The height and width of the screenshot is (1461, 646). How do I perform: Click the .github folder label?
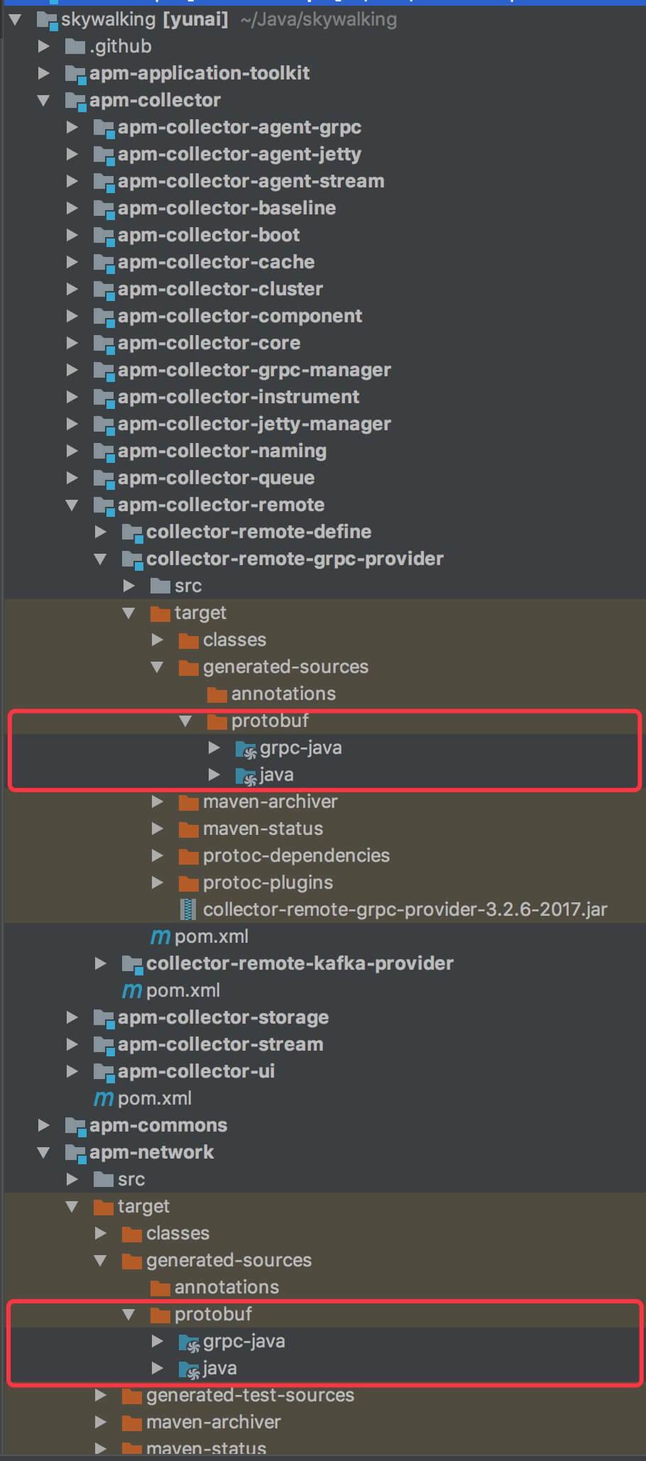pyautogui.click(x=120, y=46)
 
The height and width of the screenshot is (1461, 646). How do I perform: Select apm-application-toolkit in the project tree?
pyautogui.click(x=199, y=73)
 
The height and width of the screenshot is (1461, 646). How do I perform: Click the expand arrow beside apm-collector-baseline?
pyautogui.click(x=72, y=208)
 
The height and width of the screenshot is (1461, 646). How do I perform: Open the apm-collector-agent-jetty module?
pyautogui.click(x=239, y=154)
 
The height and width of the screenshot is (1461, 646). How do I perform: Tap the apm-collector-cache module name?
pyautogui.click(x=216, y=262)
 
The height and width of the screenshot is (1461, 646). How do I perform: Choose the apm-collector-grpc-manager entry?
pyautogui.click(x=254, y=370)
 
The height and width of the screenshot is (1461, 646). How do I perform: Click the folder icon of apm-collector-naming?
pyautogui.click(x=104, y=452)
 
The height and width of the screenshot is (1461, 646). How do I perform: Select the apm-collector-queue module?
pyautogui.click(x=216, y=478)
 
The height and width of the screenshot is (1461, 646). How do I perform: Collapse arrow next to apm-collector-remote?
pyautogui.click(x=72, y=505)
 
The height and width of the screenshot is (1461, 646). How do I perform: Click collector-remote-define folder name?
pyautogui.click(x=258, y=532)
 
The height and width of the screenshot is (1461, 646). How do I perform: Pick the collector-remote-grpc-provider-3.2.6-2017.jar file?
pyautogui.click(x=405, y=909)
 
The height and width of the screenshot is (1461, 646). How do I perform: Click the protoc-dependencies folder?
pyautogui.click(x=296, y=855)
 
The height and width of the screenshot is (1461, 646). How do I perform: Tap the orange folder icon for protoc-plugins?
pyautogui.click(x=188, y=883)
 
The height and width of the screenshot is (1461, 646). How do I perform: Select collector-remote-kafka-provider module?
pyautogui.click(x=300, y=963)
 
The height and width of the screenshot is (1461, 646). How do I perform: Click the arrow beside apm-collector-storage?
pyautogui.click(x=72, y=1017)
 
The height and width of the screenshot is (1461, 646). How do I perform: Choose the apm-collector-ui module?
pyautogui.click(x=196, y=1071)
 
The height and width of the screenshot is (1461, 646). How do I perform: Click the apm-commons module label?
pyautogui.click(x=158, y=1125)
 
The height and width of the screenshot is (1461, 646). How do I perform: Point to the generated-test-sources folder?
pyautogui.click(x=250, y=1395)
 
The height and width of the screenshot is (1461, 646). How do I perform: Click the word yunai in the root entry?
pyautogui.click(x=195, y=19)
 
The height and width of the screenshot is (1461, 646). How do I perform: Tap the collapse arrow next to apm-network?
pyautogui.click(x=43, y=1152)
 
